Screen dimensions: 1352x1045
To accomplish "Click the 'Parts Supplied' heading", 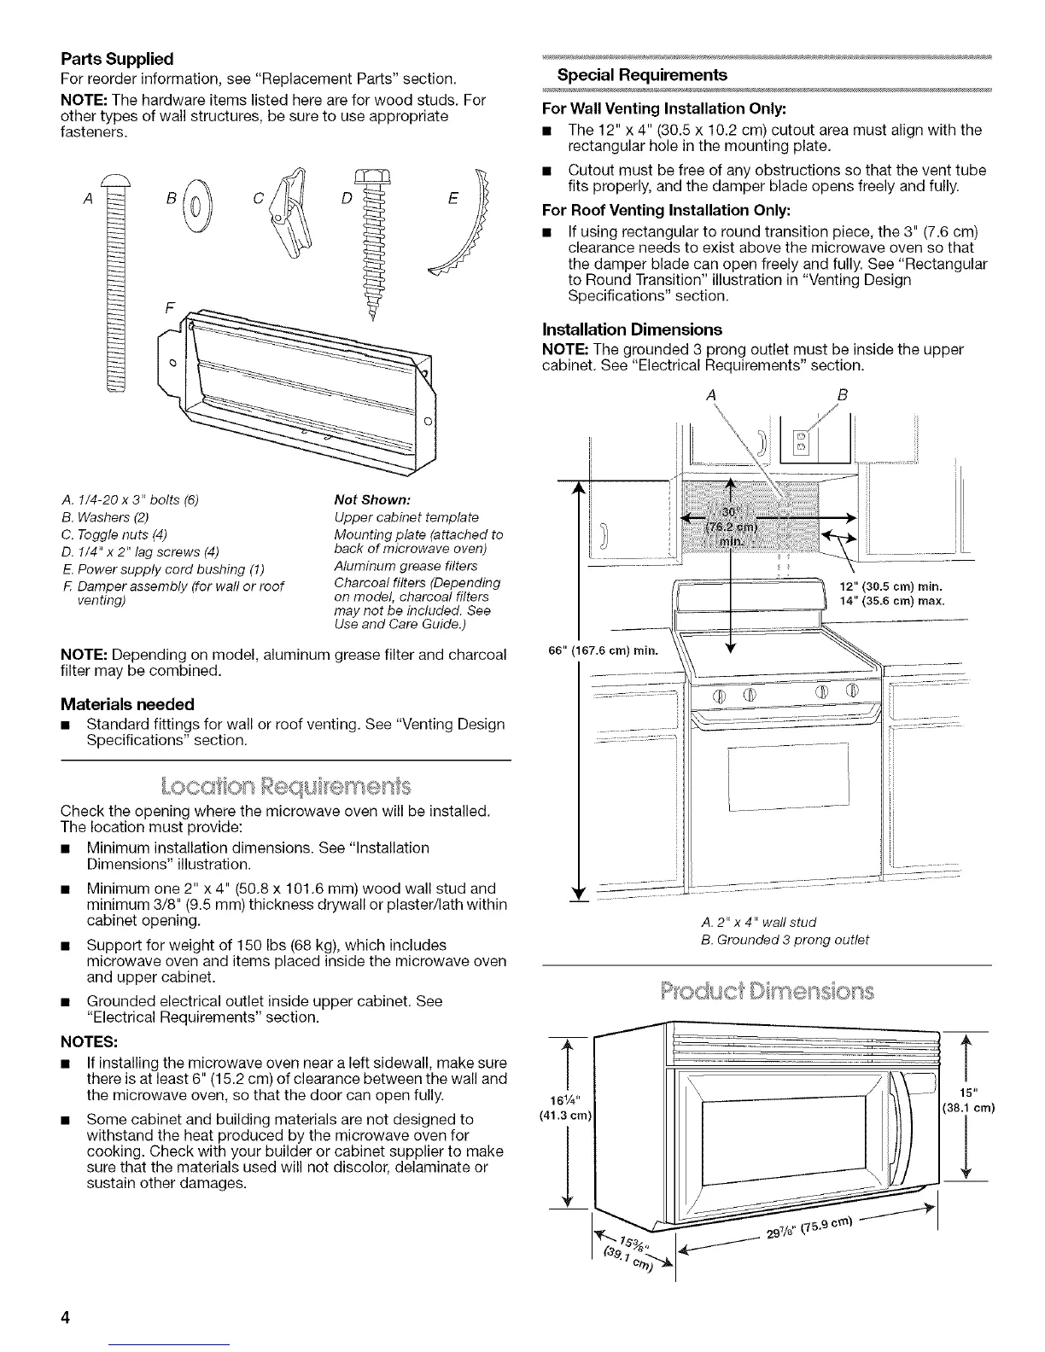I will pos(117,59).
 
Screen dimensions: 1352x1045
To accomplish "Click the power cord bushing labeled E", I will pos(466,231).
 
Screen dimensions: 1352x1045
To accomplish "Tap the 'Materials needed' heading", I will pos(127,704).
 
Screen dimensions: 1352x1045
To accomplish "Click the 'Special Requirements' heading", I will pos(642,75).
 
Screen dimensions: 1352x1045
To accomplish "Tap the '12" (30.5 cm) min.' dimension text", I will pos(893,586).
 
